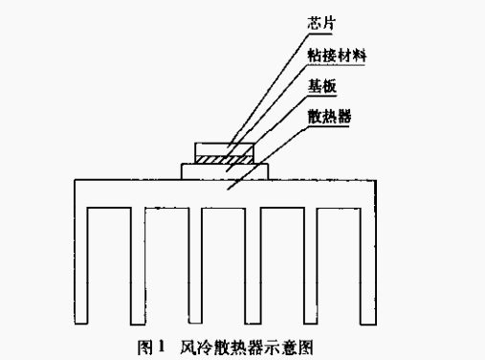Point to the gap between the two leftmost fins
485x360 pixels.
pos(108,268)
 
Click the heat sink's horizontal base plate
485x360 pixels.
pos(225,191)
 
